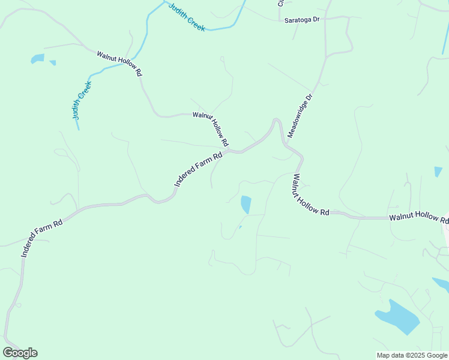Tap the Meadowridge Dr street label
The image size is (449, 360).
(300, 116)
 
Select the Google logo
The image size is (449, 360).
(20, 353)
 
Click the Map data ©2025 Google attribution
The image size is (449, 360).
(412, 355)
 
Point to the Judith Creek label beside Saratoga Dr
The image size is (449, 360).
(187, 17)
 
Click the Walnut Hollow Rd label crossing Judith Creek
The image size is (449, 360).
(119, 63)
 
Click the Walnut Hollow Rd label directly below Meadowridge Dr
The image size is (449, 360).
(311, 196)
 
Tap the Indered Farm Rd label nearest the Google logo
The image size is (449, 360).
(42, 239)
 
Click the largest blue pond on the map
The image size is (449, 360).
(397, 316)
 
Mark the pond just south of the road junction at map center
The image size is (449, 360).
(246, 204)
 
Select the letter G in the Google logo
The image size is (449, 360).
(8, 353)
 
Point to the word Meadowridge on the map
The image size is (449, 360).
(298, 119)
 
